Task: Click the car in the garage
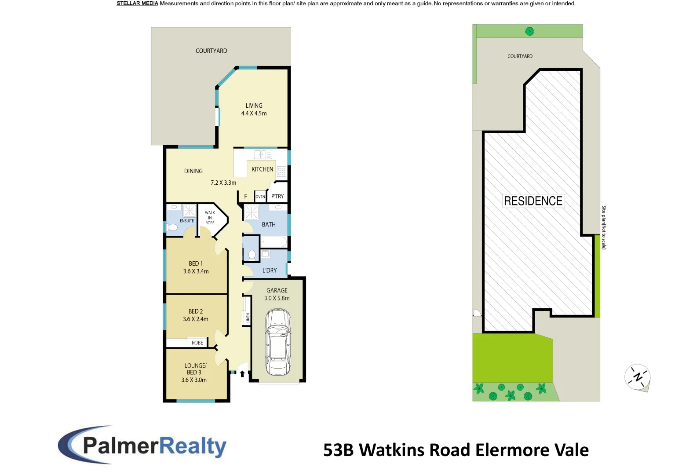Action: click(278, 342)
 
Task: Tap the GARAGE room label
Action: click(277, 291)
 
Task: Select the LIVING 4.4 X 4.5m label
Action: click(254, 110)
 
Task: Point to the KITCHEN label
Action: click(263, 169)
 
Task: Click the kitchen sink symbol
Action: click(263, 154)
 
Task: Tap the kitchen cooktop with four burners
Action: click(281, 172)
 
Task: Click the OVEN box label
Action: click(260, 197)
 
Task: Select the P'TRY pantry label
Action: click(277, 196)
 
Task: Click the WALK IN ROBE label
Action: click(210, 218)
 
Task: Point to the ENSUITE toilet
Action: click(171, 228)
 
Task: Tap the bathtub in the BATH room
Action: click(274, 242)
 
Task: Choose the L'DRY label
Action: click(270, 270)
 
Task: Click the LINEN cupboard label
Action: click(248, 318)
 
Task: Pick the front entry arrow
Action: click(242, 374)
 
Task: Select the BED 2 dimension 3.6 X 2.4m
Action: click(196, 319)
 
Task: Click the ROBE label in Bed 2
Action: click(197, 343)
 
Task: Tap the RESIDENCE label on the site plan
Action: click(533, 201)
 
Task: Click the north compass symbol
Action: click(637, 377)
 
